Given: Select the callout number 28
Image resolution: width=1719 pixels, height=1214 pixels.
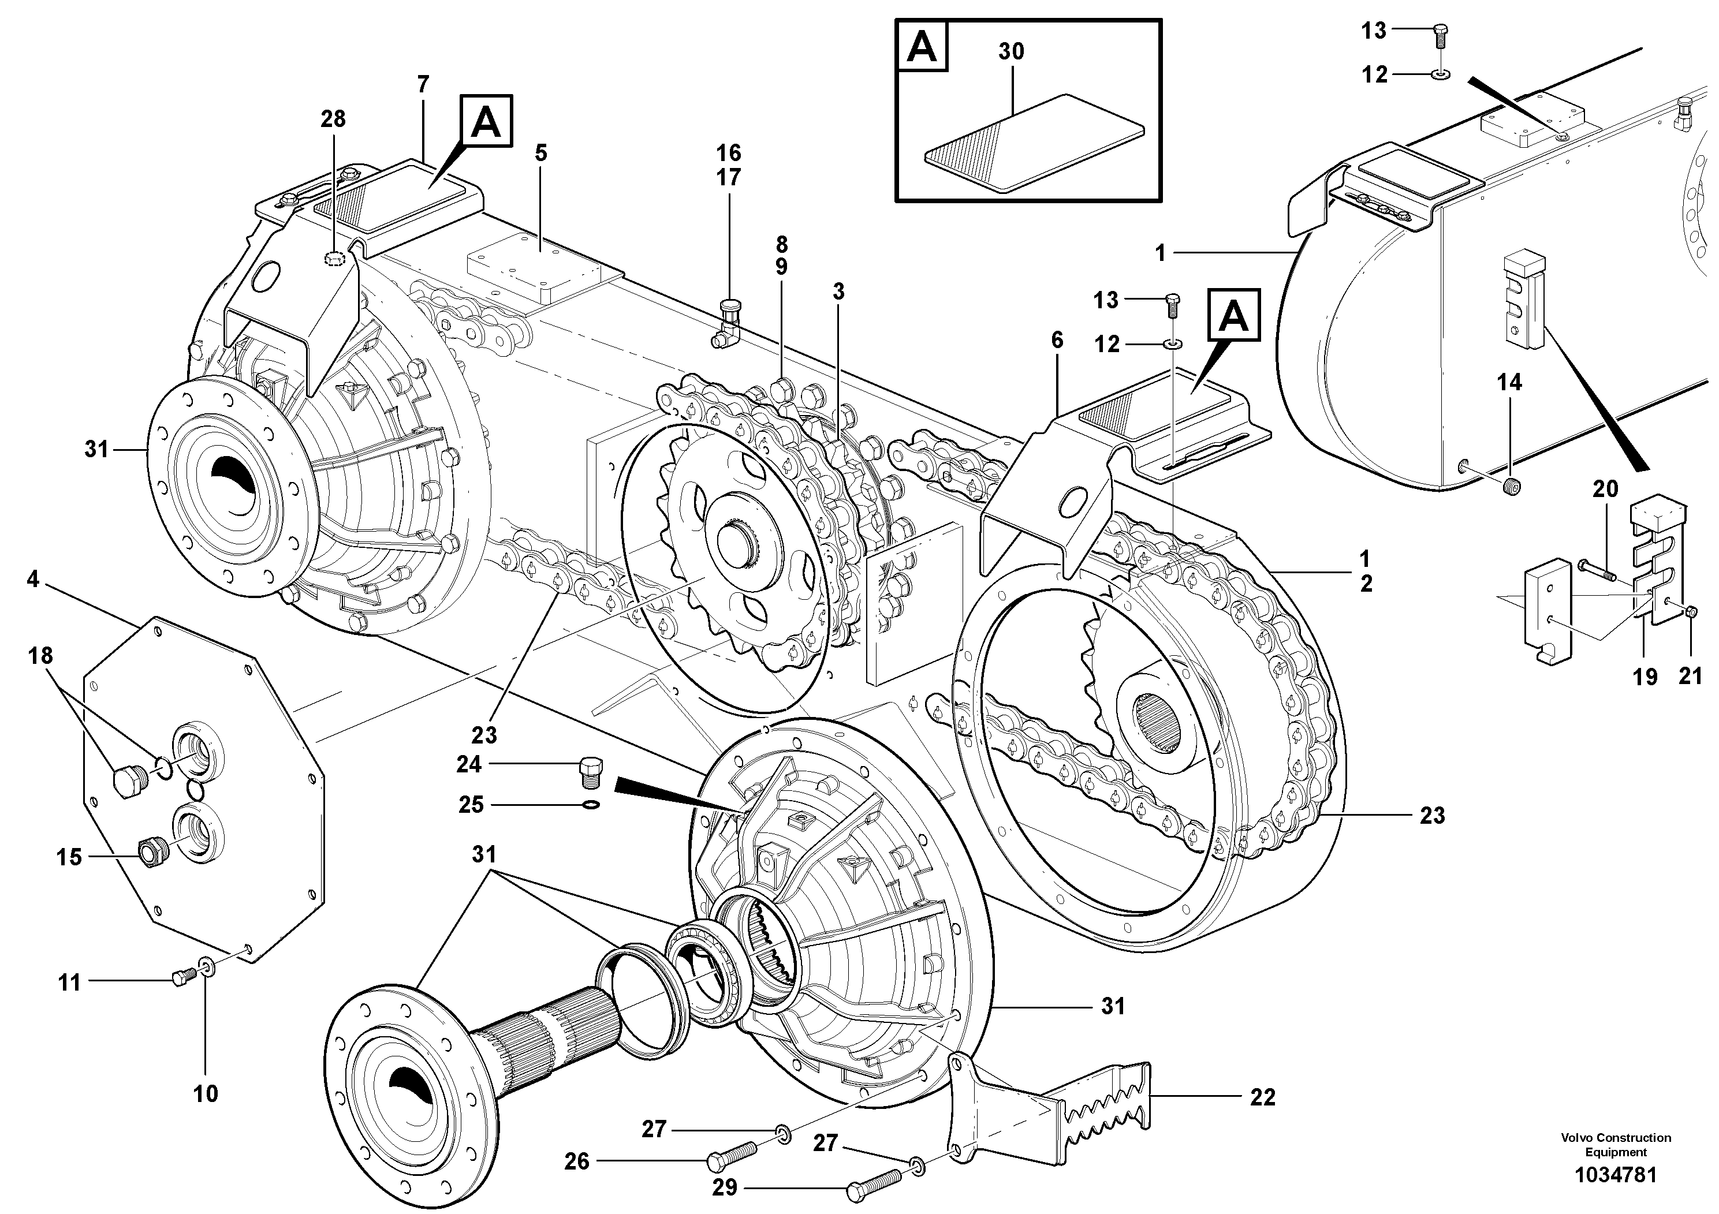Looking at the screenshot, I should point(333,118).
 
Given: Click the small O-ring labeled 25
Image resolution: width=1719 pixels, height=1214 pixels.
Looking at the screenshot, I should point(591,805).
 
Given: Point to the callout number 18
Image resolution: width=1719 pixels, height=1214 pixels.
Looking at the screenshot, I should point(40,656).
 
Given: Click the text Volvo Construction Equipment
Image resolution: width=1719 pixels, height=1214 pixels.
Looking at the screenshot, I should point(1616,1144).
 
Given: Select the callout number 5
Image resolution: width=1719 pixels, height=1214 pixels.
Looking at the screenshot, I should point(540,152).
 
